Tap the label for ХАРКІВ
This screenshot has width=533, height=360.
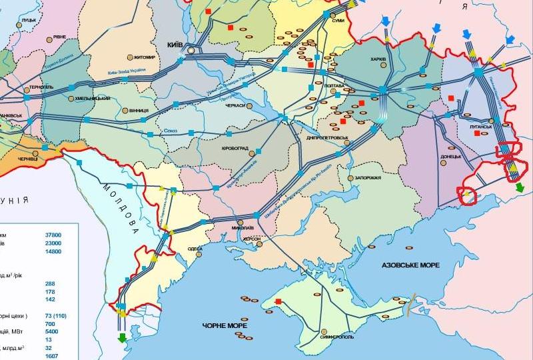pos(378,59)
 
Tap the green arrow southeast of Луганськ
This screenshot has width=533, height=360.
pos(519,187)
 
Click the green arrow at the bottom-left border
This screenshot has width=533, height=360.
pos(122,337)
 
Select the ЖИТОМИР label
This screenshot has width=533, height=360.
pos(145,57)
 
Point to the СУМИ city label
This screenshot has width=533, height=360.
pos(337,21)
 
